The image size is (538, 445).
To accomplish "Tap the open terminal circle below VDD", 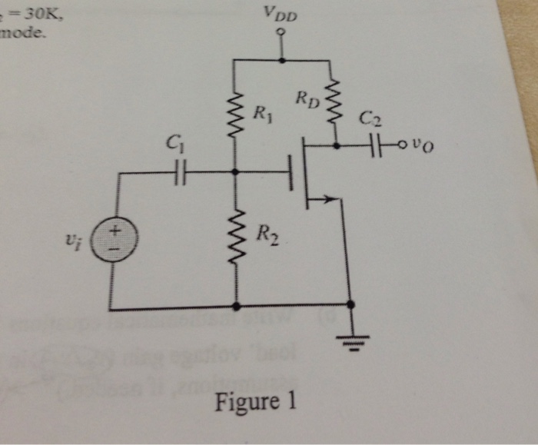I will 281,32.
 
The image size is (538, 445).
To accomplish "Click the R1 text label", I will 261,118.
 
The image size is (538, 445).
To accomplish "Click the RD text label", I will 306,99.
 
